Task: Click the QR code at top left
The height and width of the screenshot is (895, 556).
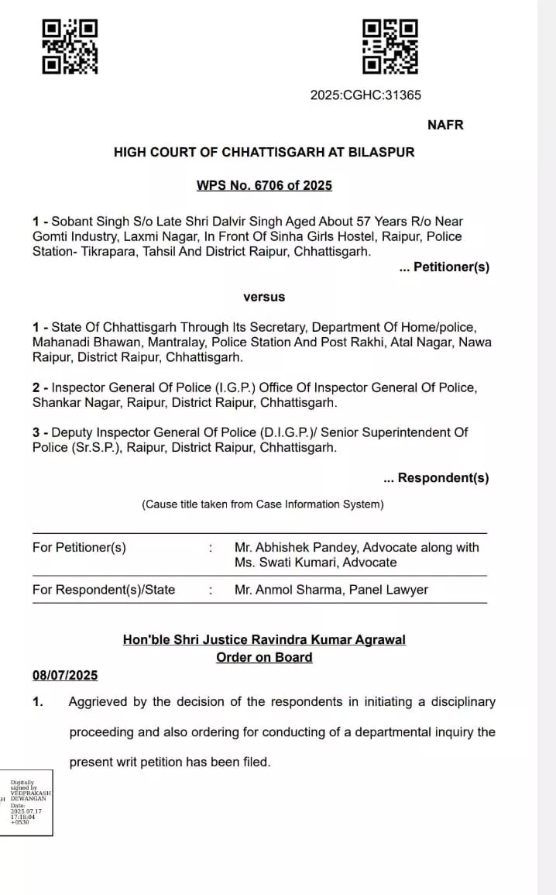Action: coord(70,46)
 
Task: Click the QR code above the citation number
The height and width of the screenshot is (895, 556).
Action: coord(390,46)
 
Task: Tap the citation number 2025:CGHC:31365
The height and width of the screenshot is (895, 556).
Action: coord(366,95)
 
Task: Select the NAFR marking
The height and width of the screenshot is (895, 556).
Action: coord(445,125)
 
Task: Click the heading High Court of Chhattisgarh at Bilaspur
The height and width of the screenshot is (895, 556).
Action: coord(264,153)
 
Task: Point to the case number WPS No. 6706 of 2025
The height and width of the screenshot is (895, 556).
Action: coord(264,185)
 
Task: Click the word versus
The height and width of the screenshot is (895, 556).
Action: coord(264,297)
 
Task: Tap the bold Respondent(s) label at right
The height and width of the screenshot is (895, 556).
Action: coord(442,478)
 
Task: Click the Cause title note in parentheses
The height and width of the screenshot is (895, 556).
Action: coord(263,504)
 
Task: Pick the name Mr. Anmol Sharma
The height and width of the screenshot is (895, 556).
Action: coord(288,590)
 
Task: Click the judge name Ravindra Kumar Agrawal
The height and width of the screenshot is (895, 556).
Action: coord(322,639)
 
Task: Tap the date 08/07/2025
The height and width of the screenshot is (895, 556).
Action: coord(65,675)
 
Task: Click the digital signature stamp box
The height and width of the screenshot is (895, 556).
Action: coord(28,803)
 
